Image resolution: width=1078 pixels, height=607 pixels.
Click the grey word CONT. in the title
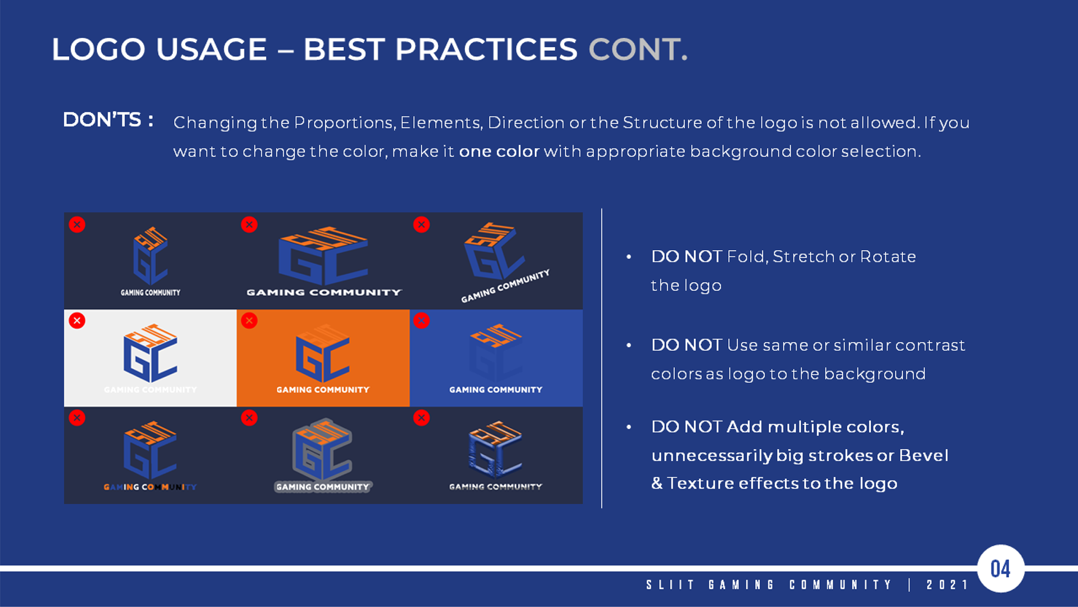[638, 49]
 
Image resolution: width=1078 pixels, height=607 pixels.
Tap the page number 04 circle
[1001, 569]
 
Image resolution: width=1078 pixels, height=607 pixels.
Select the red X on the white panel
[77, 321]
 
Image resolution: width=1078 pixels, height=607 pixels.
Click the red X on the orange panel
[249, 321]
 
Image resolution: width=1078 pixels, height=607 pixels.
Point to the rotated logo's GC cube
[493, 251]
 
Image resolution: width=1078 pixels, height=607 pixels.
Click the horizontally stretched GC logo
[323, 256]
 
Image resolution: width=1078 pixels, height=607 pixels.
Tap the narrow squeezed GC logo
[150, 256]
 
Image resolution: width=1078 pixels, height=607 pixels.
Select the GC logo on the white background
[150, 354]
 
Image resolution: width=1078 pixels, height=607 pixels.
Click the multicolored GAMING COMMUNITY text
[150, 487]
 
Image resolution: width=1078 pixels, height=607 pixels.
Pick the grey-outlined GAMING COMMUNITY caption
[323, 487]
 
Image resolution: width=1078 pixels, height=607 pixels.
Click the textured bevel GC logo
[495, 449]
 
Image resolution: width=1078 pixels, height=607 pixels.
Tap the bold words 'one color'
[499, 152]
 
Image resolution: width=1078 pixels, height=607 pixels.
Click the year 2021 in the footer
[947, 585]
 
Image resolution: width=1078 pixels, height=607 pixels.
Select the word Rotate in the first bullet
[888, 257]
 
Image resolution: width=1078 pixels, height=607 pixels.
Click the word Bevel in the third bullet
[923, 455]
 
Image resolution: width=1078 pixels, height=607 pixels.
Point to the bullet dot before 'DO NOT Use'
[629, 345]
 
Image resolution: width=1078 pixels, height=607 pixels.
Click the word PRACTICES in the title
[486, 49]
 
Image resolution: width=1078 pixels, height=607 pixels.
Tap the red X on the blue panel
[422, 321]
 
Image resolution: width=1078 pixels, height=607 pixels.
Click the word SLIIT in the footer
[670, 585]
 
